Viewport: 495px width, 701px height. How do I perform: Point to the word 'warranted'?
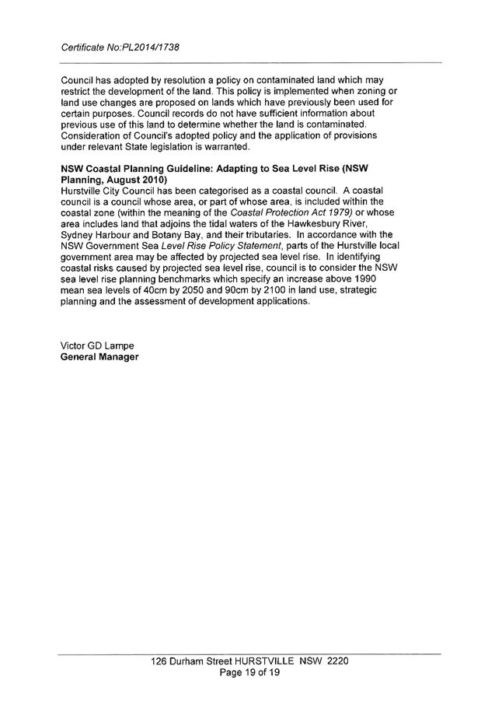coord(225,146)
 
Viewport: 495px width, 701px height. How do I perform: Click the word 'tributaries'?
coord(259,234)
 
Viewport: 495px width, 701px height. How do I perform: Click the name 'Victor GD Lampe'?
coord(97,345)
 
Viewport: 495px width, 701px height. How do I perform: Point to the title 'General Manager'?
coord(99,356)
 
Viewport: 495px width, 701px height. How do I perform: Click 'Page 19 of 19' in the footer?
coord(249,671)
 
